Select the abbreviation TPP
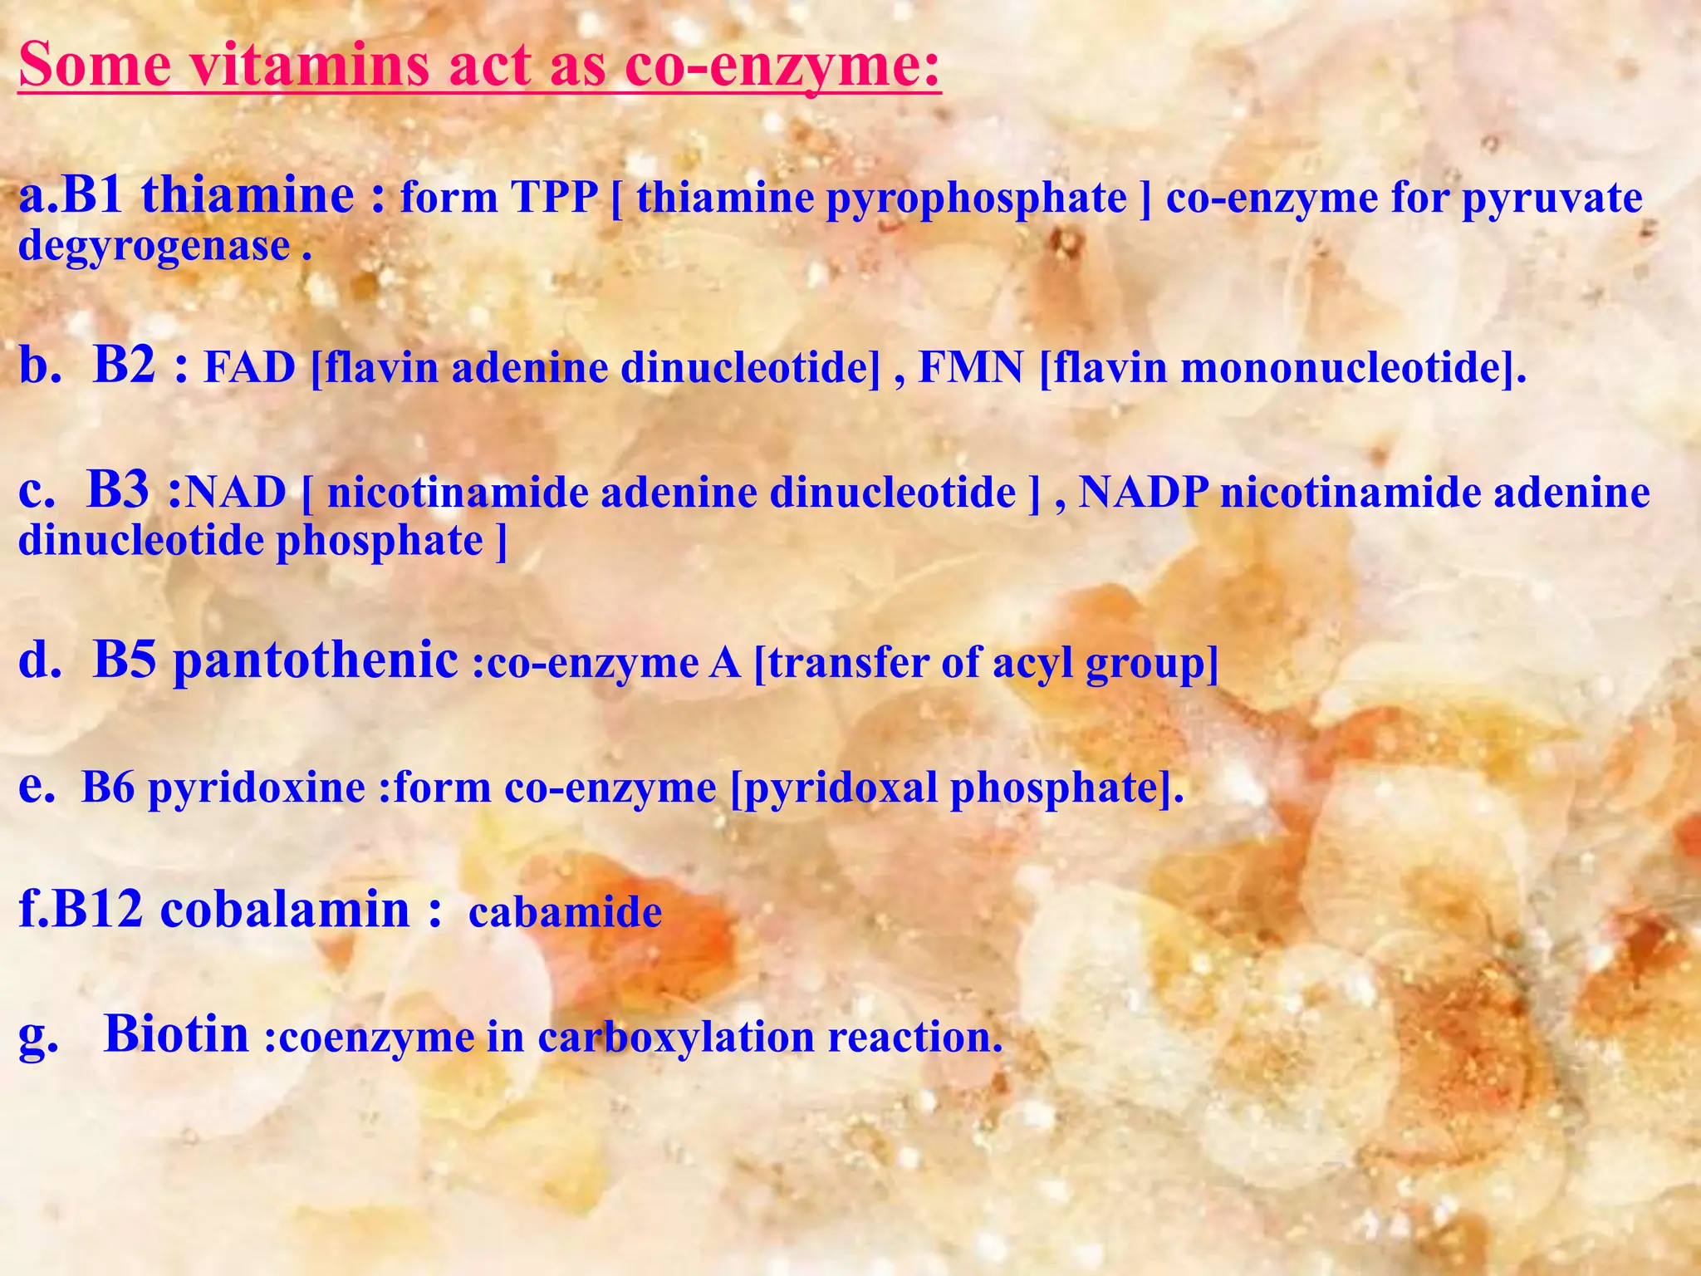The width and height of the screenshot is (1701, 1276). (554, 198)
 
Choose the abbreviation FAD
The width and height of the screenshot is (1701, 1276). (249, 367)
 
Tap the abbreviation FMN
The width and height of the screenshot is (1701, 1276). (970, 367)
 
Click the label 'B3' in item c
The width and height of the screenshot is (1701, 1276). (119, 490)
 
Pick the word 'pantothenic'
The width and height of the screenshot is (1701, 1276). (316, 660)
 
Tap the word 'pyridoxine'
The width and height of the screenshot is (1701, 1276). (257, 788)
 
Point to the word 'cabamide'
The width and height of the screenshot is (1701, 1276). (565, 912)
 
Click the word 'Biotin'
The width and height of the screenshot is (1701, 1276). (176, 1033)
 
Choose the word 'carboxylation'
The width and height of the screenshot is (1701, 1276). (676, 1037)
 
